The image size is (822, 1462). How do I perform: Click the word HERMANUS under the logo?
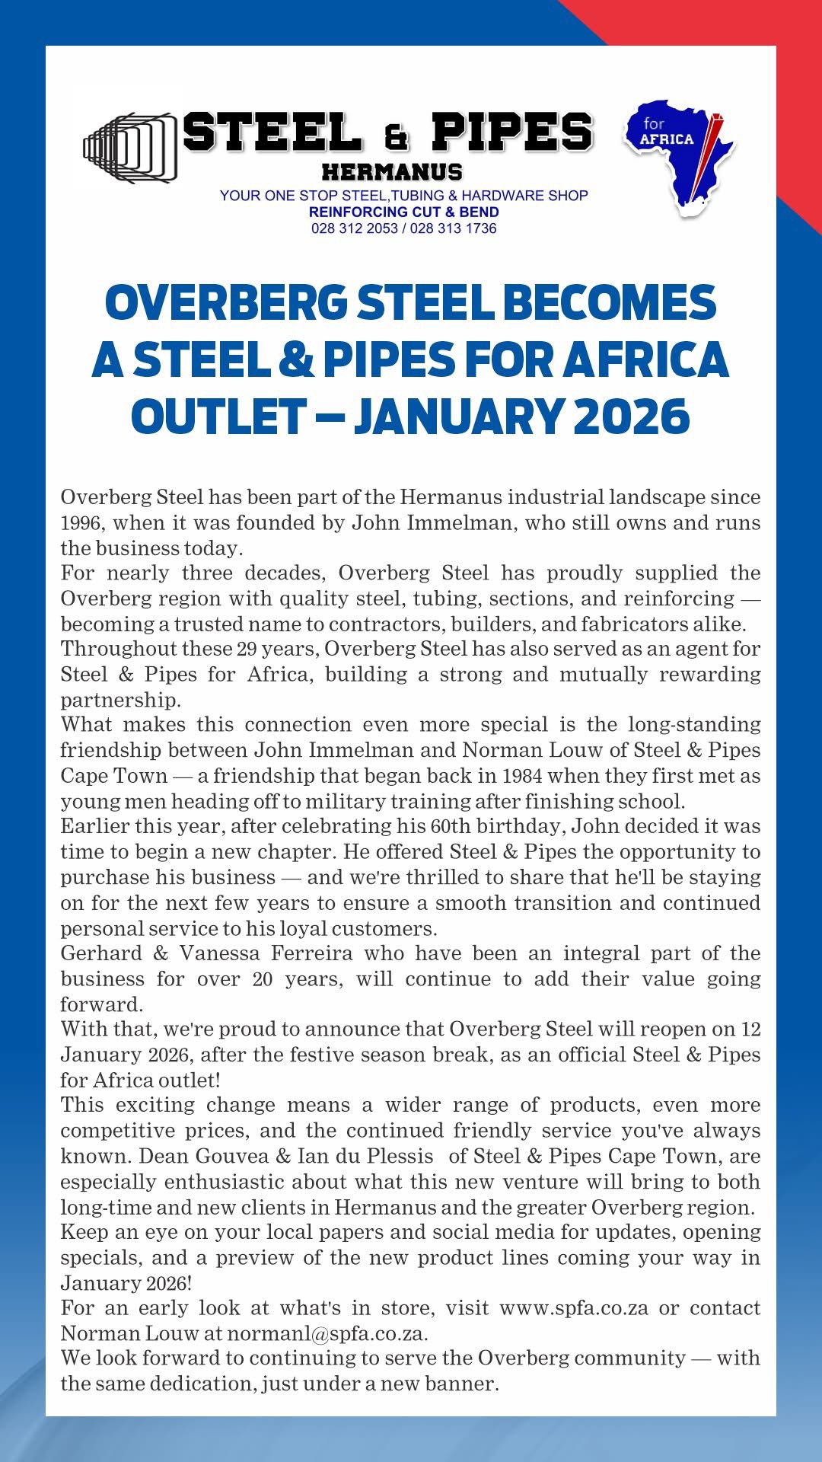pos(392,171)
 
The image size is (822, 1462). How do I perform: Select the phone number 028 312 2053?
pos(354,228)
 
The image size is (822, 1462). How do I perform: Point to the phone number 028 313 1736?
pos(453,228)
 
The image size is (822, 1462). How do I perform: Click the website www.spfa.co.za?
pos(574,1308)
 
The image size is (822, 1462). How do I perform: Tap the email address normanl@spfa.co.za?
pos(327,1333)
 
